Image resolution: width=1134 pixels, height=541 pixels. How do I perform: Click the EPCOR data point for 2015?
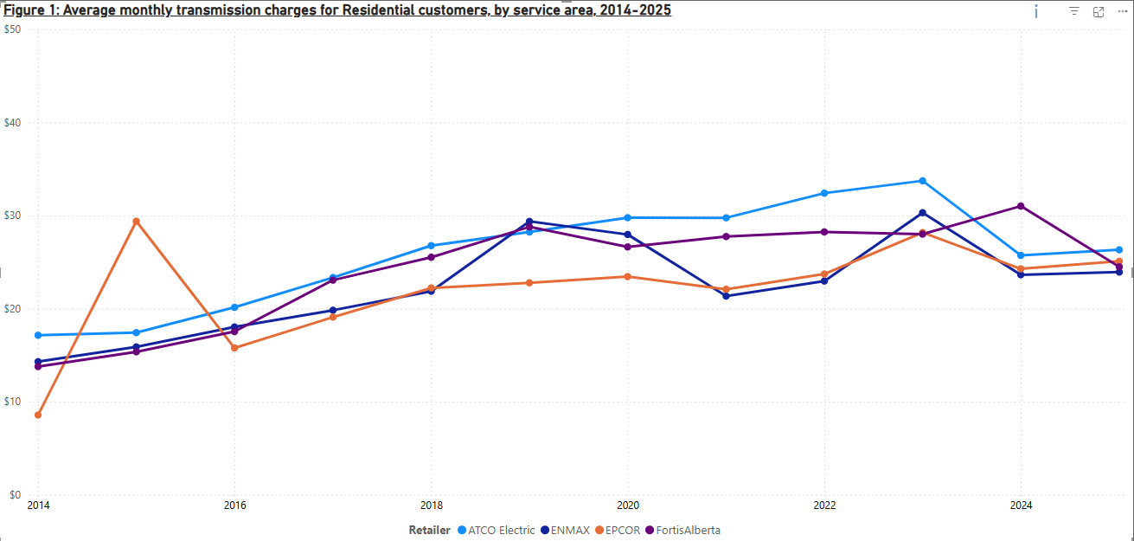(136, 221)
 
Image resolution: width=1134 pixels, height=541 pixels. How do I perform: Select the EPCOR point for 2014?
(38, 415)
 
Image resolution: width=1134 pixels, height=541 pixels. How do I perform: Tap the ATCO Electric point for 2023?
(922, 181)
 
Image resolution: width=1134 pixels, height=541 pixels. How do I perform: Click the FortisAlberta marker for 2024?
(1021, 206)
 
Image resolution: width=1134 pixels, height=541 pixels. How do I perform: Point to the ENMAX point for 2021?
(726, 296)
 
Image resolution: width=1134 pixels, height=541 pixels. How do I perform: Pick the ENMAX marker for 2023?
(922, 213)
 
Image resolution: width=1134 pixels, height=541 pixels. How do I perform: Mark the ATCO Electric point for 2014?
(38, 335)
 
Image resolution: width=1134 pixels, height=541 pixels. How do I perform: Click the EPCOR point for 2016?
(234, 348)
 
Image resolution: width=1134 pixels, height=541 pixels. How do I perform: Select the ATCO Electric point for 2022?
(824, 193)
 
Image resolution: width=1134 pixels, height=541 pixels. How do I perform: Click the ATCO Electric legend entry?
(501, 530)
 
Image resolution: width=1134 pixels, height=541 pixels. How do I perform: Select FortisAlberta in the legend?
(688, 530)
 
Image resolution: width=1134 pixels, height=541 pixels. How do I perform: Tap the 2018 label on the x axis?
(431, 505)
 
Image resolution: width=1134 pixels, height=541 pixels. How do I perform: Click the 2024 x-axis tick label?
(1021, 505)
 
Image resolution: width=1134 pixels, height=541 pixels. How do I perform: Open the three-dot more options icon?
(1121, 11)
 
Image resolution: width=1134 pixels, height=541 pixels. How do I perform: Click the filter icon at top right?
(1073, 11)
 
